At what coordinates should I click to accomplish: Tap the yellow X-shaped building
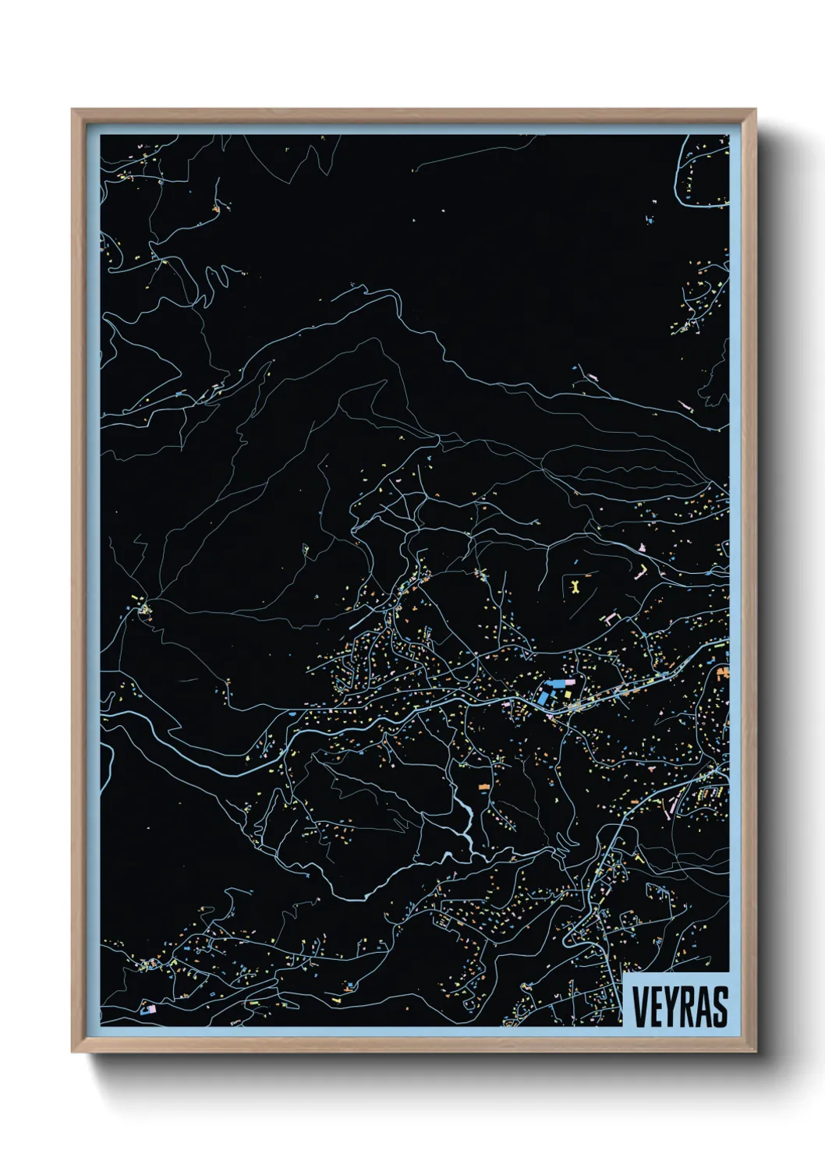(575, 584)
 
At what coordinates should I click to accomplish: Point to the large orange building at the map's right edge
(723, 672)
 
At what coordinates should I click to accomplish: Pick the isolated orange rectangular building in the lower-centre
(484, 787)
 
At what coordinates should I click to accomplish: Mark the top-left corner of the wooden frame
(73, 110)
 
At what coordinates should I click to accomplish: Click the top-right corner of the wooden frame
(755, 110)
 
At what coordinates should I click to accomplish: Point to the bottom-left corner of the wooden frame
(73, 1052)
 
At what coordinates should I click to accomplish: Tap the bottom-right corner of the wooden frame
(755, 1052)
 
